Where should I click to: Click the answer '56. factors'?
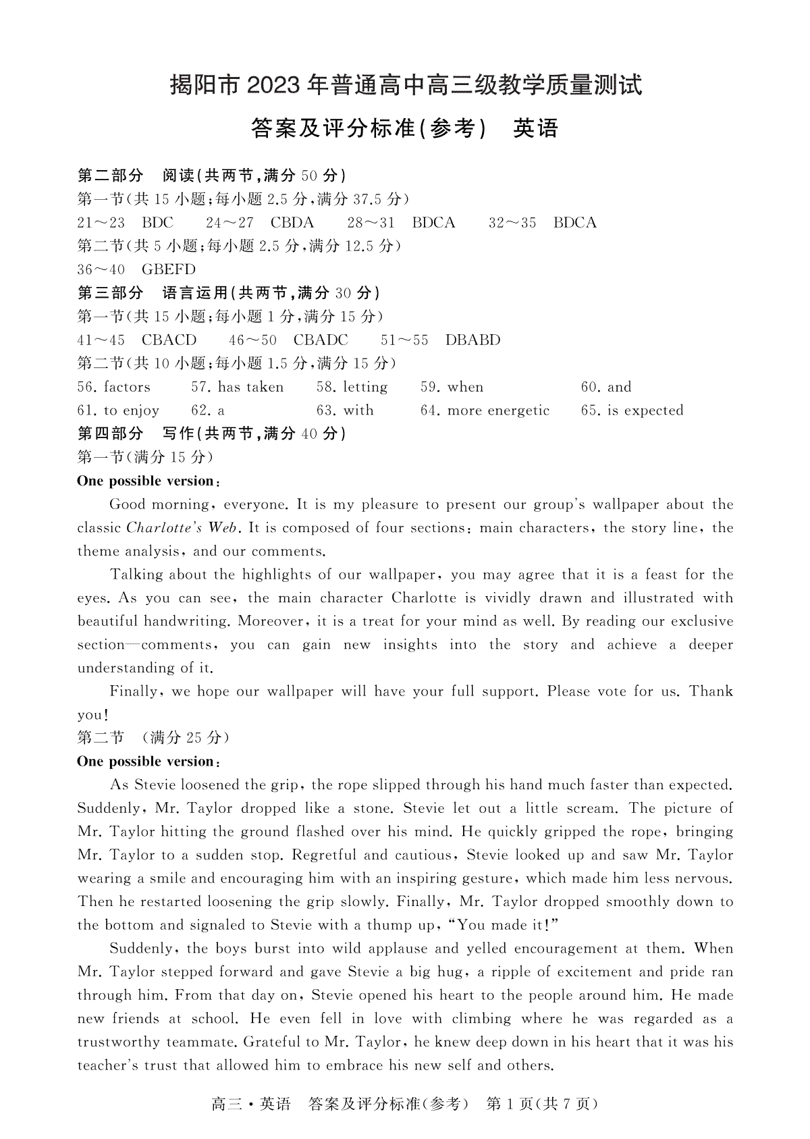[114, 387]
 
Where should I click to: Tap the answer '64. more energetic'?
[485, 410]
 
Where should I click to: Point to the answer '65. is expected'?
[632, 410]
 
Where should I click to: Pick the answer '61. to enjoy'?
[118, 410]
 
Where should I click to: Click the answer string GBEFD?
[169, 269]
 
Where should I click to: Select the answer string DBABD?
[473, 340]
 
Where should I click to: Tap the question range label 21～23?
[101, 223]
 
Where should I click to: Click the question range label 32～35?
[512, 223]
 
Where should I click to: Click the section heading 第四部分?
[111, 433]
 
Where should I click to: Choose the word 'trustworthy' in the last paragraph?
[117, 1042]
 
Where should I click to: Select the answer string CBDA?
[292, 223]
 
